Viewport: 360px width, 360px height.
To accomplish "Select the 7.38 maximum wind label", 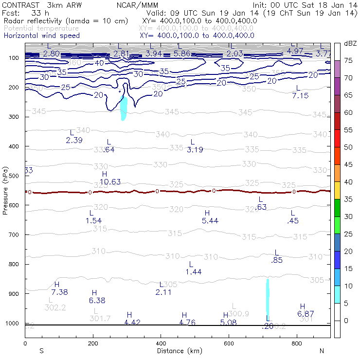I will point(59,292).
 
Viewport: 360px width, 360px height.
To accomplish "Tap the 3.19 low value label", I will point(195,149).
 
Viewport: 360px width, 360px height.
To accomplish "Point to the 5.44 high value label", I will point(210,221).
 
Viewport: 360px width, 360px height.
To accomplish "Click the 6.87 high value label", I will point(306,314).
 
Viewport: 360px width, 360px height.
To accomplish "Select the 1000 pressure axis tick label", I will point(13,324).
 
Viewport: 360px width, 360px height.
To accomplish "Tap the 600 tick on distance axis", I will point(229,343).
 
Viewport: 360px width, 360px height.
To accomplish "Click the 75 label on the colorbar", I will point(348,60).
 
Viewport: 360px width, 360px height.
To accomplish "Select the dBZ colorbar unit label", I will point(350,43).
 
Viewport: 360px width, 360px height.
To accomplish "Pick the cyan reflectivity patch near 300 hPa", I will point(124,109).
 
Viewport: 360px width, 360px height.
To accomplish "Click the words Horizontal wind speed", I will point(41,36).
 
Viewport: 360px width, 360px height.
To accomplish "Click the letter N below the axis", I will point(322,351).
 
